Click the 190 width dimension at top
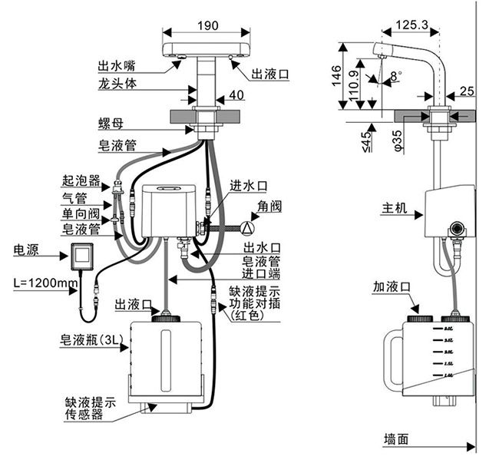(207, 25)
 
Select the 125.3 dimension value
(412, 25)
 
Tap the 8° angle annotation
(395, 75)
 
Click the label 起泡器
(81, 181)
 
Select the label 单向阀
(81, 213)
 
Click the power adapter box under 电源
(83, 256)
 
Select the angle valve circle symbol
(247, 227)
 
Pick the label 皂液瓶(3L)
(84, 338)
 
